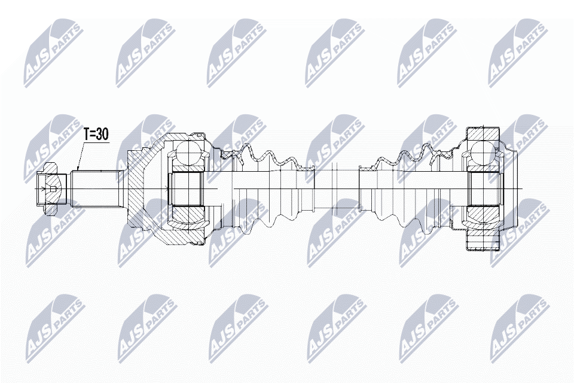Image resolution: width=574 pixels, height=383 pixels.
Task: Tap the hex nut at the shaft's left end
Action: point(48,189)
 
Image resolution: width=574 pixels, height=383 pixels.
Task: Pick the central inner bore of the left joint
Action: point(188,189)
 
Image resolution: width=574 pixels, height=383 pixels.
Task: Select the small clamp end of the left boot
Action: point(307,189)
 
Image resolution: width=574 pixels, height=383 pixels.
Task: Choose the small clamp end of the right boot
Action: point(366,189)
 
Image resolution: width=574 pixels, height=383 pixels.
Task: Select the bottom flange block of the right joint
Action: point(483,242)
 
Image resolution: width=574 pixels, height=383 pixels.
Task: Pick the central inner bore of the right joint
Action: point(483,189)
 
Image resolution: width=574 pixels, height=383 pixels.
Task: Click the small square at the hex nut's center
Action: point(53,190)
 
